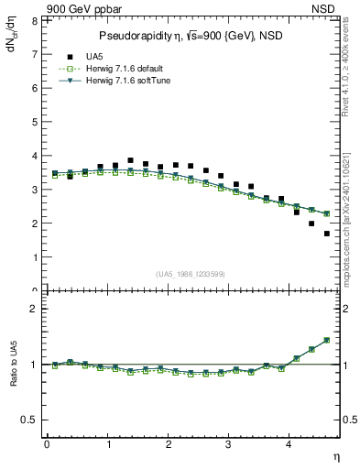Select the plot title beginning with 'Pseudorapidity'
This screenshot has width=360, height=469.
click(190, 36)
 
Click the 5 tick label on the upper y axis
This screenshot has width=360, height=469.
click(33, 122)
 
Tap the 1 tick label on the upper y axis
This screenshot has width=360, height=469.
click(33, 257)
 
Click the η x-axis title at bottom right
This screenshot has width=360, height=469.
click(335, 455)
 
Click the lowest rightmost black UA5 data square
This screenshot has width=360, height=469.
click(327, 234)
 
